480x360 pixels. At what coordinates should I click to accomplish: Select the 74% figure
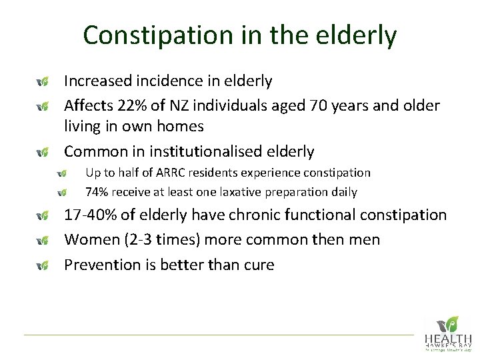click(x=98, y=193)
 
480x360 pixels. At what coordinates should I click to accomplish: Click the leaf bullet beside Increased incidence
click(x=42, y=82)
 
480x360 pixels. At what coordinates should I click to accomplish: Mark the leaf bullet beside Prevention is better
click(x=42, y=266)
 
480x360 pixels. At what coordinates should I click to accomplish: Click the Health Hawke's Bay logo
click(x=447, y=333)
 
